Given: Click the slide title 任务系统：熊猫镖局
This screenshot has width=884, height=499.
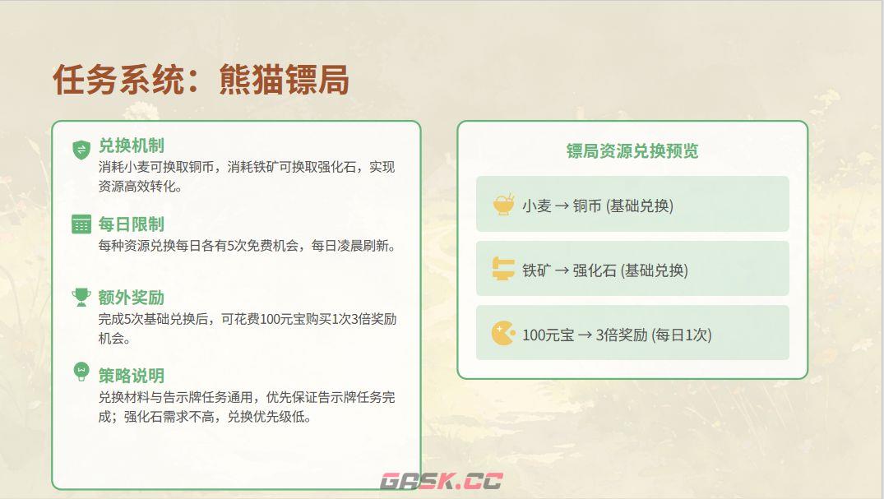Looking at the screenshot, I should (x=201, y=81).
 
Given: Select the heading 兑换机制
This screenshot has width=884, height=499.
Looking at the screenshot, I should (x=131, y=146).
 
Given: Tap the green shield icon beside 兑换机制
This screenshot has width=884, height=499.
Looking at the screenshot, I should (x=81, y=149).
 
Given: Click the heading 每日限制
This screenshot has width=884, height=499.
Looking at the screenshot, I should (x=131, y=224).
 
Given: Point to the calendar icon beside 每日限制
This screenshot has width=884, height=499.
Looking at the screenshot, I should (x=81, y=224).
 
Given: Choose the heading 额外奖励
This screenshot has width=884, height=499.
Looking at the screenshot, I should (x=131, y=297).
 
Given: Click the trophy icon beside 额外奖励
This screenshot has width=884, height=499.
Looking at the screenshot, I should (x=81, y=297).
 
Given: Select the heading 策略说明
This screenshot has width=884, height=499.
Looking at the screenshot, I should (x=131, y=376).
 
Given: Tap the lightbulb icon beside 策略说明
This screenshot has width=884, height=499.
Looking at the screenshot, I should (x=81, y=372).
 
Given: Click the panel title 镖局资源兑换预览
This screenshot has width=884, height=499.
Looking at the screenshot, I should (x=632, y=151).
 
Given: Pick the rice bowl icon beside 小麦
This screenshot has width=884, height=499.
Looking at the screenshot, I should (x=502, y=205).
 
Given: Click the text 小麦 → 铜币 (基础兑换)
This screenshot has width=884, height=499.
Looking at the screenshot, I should (x=597, y=206).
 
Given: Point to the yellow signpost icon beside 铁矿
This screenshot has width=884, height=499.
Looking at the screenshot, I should (x=502, y=269).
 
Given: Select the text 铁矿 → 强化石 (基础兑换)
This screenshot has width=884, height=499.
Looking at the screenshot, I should (x=604, y=270).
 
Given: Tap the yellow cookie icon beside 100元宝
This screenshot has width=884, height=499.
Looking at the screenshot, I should (x=502, y=333).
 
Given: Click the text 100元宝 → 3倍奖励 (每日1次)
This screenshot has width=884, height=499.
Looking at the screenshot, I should (x=617, y=335).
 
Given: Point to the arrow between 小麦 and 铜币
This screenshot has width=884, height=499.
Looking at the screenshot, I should (x=562, y=206).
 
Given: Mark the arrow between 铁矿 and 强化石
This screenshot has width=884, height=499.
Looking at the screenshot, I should (x=562, y=270).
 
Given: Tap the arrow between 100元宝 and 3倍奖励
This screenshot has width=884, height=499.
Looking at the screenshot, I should (x=585, y=335).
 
